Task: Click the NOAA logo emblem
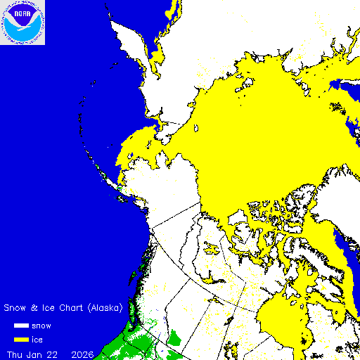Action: click(22, 22)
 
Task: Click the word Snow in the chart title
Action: click(16, 308)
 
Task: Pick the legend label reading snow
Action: click(51, 326)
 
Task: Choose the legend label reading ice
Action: click(46, 340)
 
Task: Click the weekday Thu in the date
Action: click(15, 353)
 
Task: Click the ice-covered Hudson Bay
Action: click(281, 316)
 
